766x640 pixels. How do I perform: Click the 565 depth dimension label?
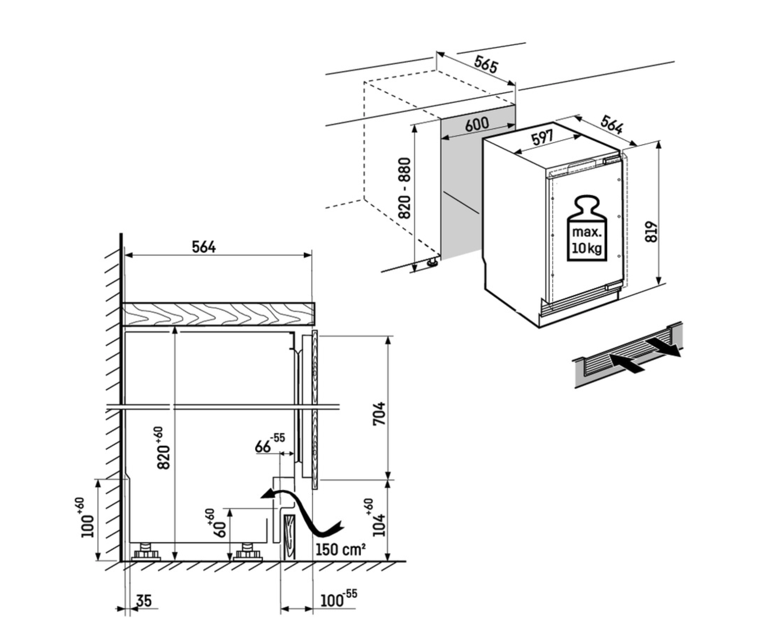tap(485, 65)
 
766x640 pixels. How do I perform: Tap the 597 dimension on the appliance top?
tap(542, 138)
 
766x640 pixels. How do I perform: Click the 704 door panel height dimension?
tap(379, 413)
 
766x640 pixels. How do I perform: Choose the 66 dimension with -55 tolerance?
tap(269, 444)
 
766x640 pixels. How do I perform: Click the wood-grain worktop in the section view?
tap(218, 314)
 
